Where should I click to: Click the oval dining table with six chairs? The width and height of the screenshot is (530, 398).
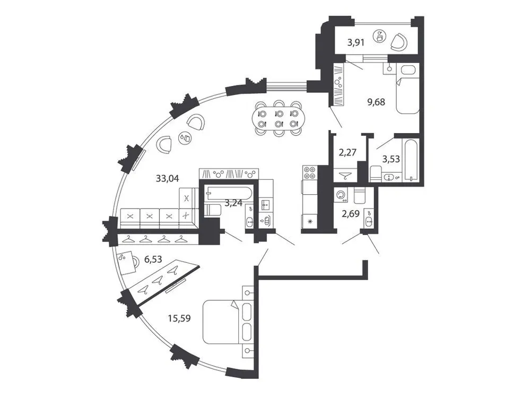click(x=278, y=119)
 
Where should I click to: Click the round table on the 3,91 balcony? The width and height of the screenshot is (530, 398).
click(x=379, y=36)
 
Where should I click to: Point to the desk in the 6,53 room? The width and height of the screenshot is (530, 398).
click(x=125, y=262)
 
